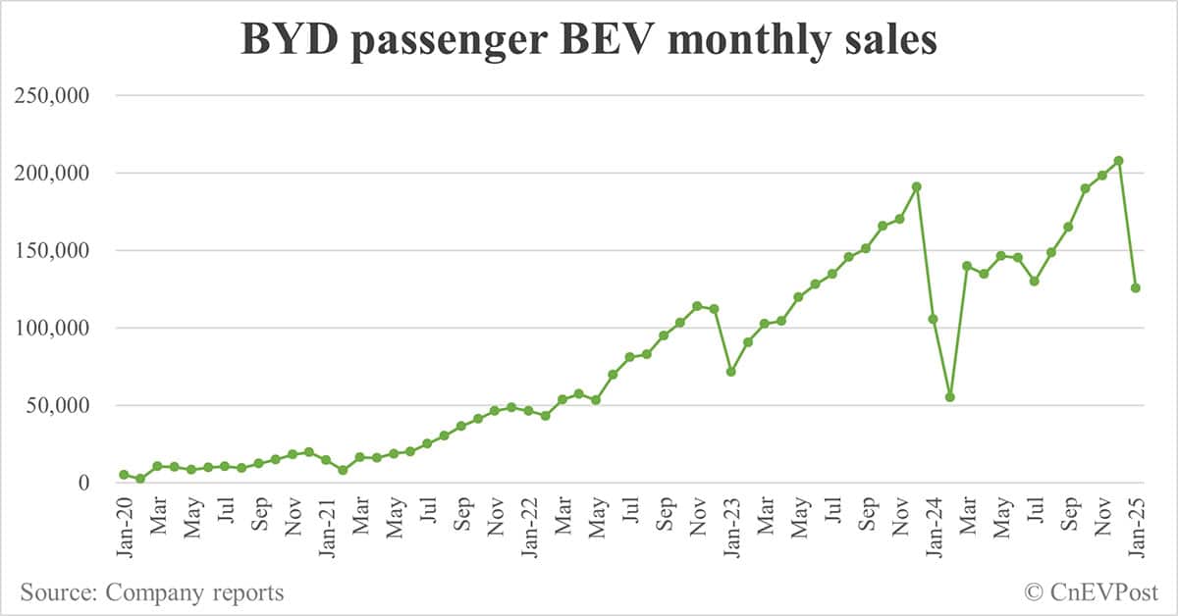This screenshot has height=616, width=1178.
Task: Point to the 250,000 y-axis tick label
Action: point(62,96)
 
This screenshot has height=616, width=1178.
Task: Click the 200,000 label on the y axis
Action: point(62,174)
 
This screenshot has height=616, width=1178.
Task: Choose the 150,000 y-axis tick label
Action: point(62,251)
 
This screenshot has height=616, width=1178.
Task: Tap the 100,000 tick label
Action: point(62,329)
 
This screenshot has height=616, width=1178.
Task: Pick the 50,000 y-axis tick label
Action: point(68,406)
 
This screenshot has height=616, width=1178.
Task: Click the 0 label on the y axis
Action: point(84,483)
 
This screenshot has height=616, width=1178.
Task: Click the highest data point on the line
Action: point(1119,161)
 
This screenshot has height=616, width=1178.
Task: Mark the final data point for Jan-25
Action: point(1136,288)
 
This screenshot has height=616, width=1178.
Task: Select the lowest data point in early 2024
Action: point(950,397)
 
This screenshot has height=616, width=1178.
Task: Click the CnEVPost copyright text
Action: point(1091,592)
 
